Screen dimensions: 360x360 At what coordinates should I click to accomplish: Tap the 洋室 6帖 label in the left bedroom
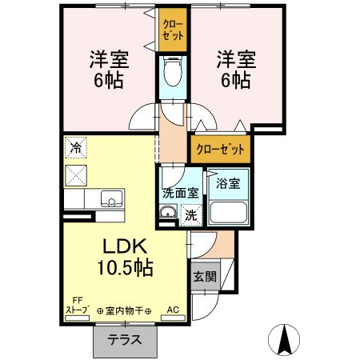click(109, 70)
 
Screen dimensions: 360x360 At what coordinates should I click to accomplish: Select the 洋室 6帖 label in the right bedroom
click(234, 70)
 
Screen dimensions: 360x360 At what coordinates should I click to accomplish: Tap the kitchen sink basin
click(109, 199)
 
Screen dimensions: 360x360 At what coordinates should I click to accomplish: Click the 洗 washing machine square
click(191, 214)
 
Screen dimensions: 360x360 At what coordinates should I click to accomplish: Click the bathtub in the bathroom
click(229, 213)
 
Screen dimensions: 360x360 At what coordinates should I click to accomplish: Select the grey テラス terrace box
click(126, 338)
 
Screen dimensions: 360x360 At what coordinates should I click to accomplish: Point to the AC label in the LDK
click(173, 310)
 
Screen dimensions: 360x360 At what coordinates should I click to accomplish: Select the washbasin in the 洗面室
click(168, 213)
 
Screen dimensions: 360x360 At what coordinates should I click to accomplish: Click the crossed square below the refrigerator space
click(76, 174)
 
